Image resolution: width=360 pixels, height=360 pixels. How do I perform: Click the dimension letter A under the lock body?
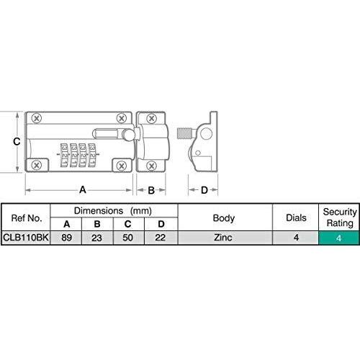coord(83,190)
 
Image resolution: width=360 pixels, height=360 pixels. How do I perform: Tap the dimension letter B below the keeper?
coord(151,190)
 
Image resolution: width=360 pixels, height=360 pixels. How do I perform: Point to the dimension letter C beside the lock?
coord(17,142)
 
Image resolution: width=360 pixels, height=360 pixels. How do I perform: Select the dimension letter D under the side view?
coord(204,190)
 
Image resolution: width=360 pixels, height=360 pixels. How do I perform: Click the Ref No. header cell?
coord(26,218)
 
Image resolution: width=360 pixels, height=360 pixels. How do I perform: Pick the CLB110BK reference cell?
coord(26,238)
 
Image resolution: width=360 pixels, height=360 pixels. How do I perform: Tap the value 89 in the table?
coord(66,238)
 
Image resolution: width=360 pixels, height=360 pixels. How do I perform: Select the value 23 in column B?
coord(96,238)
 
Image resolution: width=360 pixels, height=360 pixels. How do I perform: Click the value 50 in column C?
coord(127,238)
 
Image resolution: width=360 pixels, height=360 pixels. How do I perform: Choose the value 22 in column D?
coord(160,238)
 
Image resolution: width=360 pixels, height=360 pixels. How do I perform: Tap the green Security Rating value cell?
coord(339,238)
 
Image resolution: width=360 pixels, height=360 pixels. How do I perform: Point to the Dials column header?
coord(296,217)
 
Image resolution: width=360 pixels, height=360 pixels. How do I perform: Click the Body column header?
coord(224,218)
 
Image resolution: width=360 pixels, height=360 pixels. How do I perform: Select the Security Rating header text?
coord(340,217)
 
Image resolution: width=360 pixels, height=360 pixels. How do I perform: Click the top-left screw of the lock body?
coord(37,118)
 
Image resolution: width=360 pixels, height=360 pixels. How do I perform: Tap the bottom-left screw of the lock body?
coord(37,165)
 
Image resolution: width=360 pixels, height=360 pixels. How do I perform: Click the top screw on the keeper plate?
coord(151,118)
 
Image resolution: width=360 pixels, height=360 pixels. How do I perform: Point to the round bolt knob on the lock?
coord(128,135)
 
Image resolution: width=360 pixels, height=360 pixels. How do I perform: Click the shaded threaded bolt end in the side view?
coord(184,133)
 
